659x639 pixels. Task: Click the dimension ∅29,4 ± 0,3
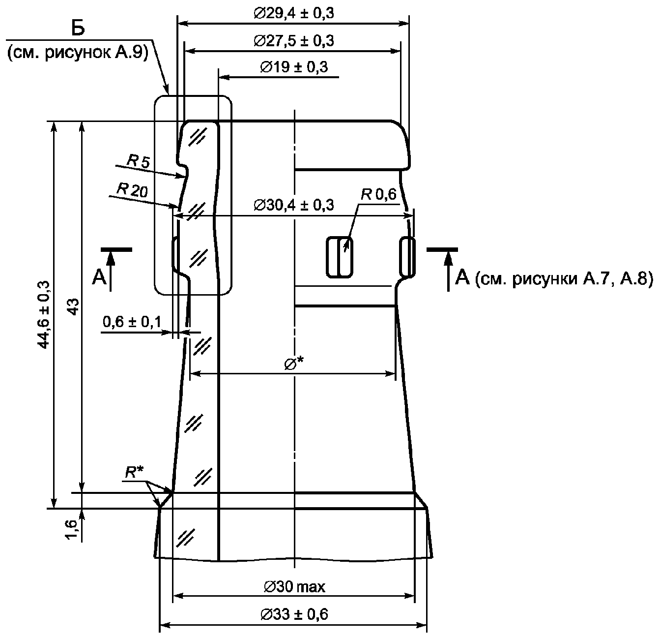(293, 13)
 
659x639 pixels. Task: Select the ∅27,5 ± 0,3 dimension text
(293, 41)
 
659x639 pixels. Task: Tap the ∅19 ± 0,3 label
(294, 67)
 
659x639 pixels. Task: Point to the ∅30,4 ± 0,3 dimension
(293, 205)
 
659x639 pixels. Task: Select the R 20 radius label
(132, 190)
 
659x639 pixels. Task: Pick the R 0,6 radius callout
(378, 195)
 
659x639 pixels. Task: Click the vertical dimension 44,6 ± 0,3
(44, 315)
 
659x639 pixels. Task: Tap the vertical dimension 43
(74, 307)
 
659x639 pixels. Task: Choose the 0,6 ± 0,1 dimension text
(132, 322)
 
